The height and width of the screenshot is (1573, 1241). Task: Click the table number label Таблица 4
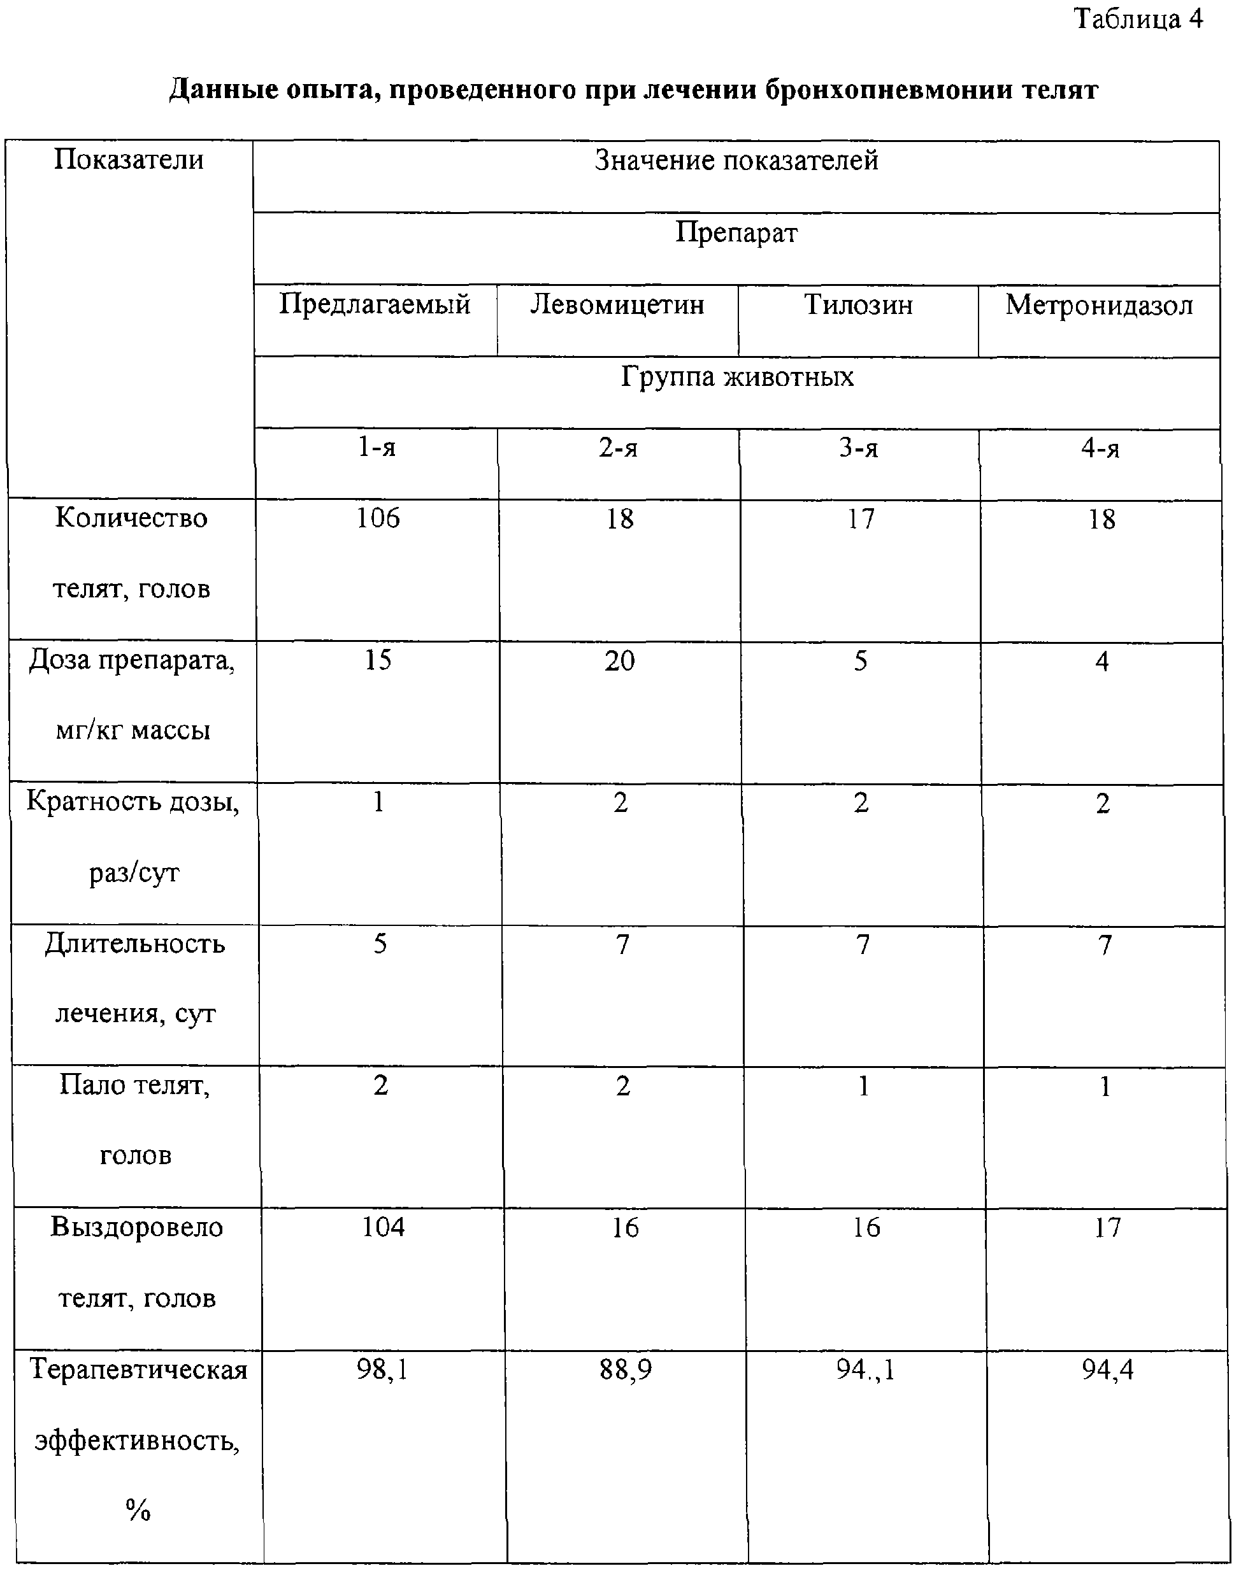(1138, 20)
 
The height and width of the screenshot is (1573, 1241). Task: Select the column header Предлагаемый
(375, 304)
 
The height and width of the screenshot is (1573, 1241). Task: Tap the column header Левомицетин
(617, 304)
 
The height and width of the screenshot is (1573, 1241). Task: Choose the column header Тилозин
(858, 304)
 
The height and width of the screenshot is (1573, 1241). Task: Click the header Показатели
(129, 160)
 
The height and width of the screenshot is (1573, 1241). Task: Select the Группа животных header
(736, 377)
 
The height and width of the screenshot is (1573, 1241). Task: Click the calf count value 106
(378, 518)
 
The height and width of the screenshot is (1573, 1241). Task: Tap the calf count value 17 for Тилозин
(861, 519)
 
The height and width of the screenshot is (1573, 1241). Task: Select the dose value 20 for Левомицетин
(620, 661)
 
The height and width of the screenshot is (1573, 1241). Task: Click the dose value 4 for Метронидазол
(1101, 662)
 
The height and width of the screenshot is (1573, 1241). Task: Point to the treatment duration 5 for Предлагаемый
(380, 944)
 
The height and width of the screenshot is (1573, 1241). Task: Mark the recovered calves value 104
(383, 1227)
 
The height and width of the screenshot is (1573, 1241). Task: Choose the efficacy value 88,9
(625, 1370)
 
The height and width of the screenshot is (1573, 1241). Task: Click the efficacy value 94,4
(1107, 1370)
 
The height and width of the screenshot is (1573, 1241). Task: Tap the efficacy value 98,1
(382, 1370)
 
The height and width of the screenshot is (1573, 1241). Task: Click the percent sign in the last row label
(138, 1511)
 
